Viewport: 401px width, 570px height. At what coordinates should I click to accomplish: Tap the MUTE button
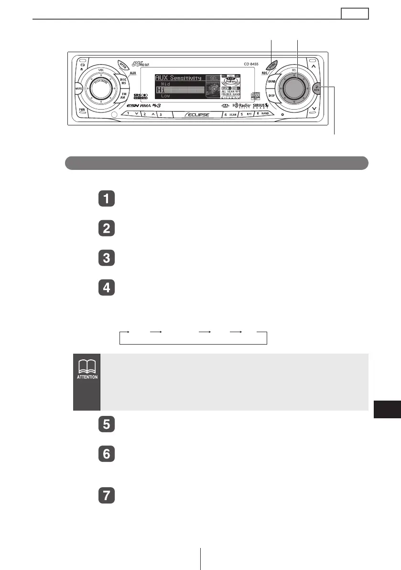coord(79,89)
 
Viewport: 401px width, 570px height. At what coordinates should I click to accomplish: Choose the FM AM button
coord(123,96)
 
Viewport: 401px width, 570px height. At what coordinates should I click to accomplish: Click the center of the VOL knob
coord(100,89)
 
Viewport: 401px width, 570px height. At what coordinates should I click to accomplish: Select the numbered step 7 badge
coord(106,495)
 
